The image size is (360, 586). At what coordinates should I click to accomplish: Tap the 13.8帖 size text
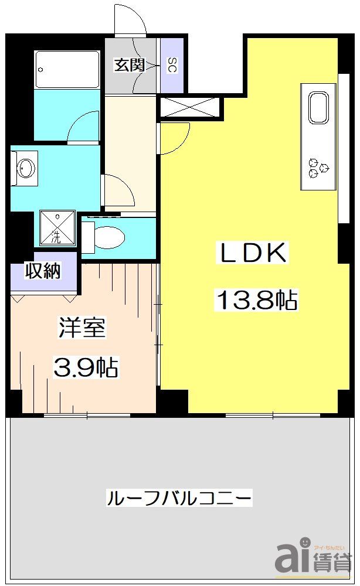pos(257,301)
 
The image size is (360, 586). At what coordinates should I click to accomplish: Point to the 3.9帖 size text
pos(86,367)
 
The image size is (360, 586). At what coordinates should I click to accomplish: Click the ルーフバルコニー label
pos(179,499)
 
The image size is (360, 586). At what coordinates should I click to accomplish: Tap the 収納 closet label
pos(43,272)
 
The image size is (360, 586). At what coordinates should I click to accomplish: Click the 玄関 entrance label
pos(129,65)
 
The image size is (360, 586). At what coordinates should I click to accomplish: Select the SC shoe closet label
pos(172,65)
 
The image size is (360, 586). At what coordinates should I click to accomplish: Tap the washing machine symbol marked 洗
pos(57,227)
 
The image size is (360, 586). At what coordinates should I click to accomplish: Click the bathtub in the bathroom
pos(66,69)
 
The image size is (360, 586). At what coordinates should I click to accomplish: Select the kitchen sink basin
pos(320,108)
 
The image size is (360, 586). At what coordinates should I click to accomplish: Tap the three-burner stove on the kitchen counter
pos(319,166)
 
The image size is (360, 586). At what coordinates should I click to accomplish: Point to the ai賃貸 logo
pos(314,555)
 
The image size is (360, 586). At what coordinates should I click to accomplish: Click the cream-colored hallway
pos(130,152)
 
